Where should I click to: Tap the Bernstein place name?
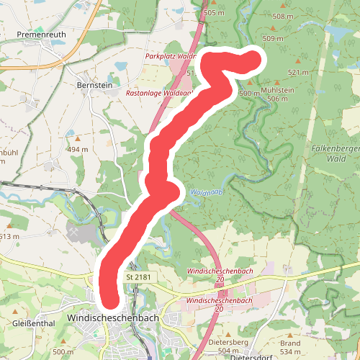click(x=94, y=84)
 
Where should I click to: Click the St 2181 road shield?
click(x=138, y=276)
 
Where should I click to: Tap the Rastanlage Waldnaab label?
click(x=159, y=93)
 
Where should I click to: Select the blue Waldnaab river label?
click(x=204, y=192)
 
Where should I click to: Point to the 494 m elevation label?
click(x=78, y=149)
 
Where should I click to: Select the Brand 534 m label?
click(x=290, y=348)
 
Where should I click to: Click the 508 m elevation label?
click(x=283, y=17)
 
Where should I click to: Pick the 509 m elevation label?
click(x=274, y=39)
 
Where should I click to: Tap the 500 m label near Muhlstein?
click(x=249, y=94)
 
